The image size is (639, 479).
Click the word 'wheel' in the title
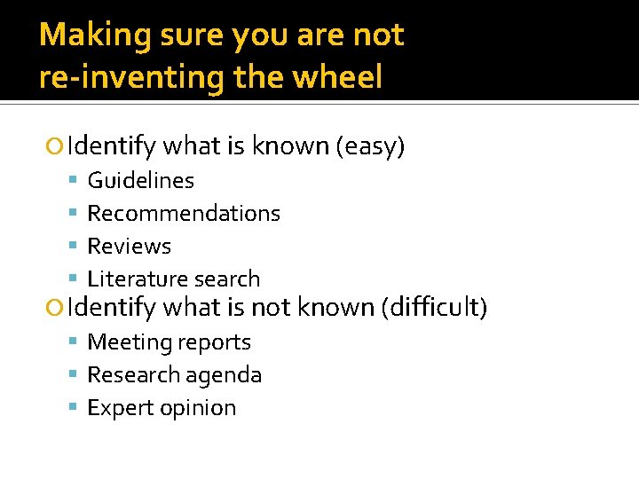pos(338,78)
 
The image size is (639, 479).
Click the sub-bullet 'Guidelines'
pos(140,180)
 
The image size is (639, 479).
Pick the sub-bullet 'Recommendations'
pos(184,213)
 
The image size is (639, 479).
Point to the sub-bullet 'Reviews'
pos(129,246)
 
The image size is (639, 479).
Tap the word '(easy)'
pos(370,145)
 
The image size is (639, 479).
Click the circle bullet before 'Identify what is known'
pos(57,145)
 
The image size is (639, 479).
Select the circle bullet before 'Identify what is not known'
pos(57,308)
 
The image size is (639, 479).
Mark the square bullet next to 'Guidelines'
pos(74,181)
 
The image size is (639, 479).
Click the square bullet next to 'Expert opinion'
pos(74,408)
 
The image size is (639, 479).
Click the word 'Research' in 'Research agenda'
pos(134,375)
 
